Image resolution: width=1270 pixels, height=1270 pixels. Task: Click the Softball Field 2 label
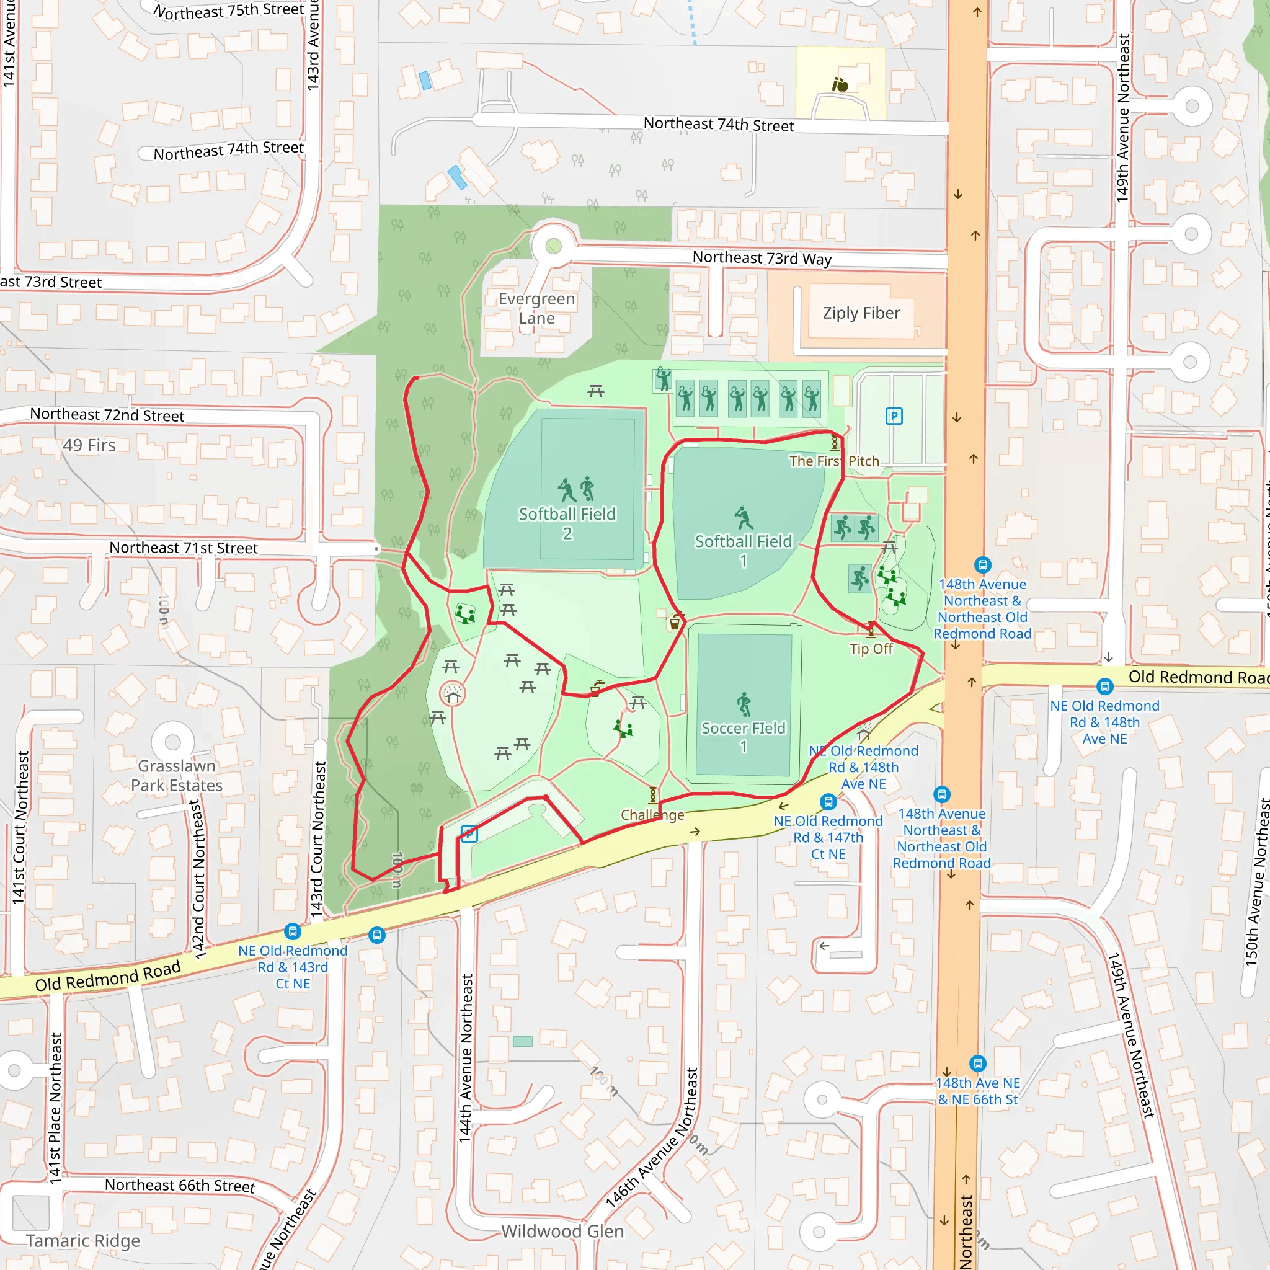pyautogui.click(x=567, y=523)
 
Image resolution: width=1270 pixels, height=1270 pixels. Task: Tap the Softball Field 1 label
pyautogui.click(x=743, y=550)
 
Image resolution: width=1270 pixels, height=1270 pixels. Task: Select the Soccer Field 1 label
pyautogui.click(x=743, y=736)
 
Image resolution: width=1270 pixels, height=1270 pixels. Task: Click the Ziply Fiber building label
pyautogui.click(x=861, y=313)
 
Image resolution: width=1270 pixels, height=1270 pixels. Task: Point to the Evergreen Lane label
pyautogui.click(x=536, y=308)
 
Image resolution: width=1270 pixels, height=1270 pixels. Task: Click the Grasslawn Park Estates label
pyautogui.click(x=176, y=776)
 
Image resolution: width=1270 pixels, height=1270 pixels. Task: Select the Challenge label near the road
pyautogui.click(x=652, y=815)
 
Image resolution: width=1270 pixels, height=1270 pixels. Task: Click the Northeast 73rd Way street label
pyautogui.click(x=762, y=258)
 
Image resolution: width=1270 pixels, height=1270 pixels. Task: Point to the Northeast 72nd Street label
pyautogui.click(x=107, y=415)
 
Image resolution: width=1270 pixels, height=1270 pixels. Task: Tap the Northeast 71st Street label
pyautogui.click(x=184, y=548)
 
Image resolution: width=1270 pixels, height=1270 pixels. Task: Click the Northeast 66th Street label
pyautogui.click(x=179, y=1185)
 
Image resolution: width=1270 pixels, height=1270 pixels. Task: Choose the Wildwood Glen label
pyautogui.click(x=562, y=1231)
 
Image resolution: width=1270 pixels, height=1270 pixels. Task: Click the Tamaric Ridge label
pyautogui.click(x=83, y=1240)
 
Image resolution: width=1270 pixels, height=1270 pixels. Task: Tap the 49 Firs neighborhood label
pyautogui.click(x=89, y=445)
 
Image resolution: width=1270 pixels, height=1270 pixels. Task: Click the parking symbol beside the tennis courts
pyautogui.click(x=894, y=416)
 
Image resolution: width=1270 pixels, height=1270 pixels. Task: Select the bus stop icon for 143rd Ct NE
pyautogui.click(x=293, y=931)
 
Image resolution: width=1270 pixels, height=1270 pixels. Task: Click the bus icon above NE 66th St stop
pyautogui.click(x=977, y=1063)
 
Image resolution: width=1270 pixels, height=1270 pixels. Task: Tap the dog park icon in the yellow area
pyautogui.click(x=840, y=84)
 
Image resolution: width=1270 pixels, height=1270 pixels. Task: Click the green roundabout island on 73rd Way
pyautogui.click(x=554, y=246)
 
